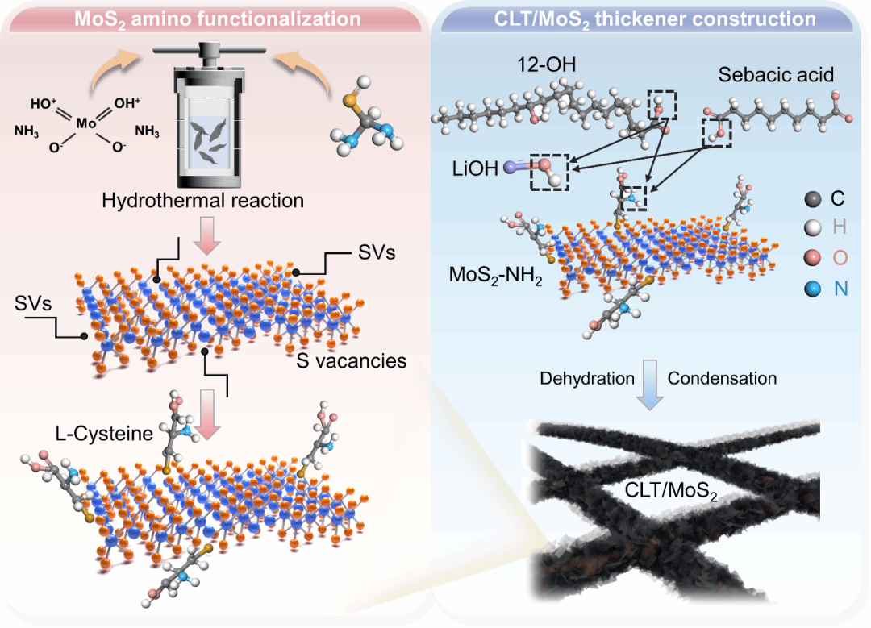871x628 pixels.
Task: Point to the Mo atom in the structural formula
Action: [x=85, y=123]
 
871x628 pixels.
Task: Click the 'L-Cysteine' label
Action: [x=104, y=434]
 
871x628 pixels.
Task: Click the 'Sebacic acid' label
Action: [x=775, y=76]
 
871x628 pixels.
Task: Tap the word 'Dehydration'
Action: [x=587, y=378]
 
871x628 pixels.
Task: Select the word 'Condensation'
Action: [x=722, y=378]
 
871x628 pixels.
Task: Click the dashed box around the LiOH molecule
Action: [x=549, y=172]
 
